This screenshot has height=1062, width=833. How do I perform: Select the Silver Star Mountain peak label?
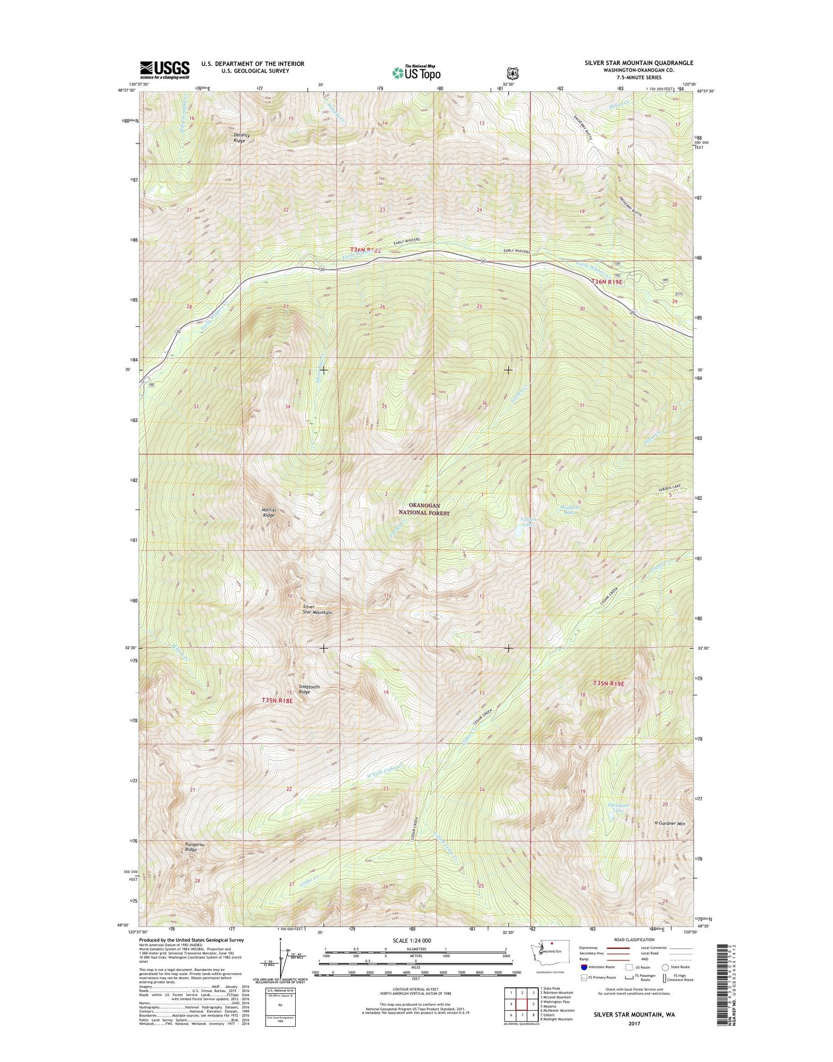317,609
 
